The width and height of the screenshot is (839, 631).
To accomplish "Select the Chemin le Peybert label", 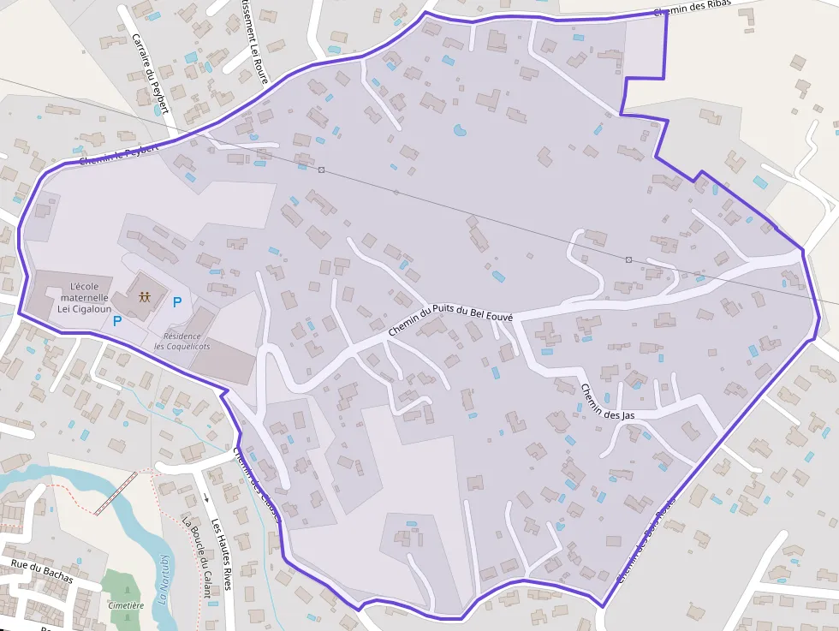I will pyautogui.click(x=119, y=154).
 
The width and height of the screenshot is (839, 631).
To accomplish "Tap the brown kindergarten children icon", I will pyautogui.click(x=144, y=297).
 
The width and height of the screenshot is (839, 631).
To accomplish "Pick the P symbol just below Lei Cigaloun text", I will pyautogui.click(x=117, y=322).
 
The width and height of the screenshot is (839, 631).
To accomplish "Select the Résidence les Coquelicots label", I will pyautogui.click(x=181, y=341).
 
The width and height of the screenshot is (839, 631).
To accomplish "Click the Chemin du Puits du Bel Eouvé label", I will pyautogui.click(x=450, y=319).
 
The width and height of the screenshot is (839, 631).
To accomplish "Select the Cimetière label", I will pyautogui.click(x=126, y=605).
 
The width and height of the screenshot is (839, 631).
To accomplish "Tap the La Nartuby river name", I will pyautogui.click(x=164, y=580).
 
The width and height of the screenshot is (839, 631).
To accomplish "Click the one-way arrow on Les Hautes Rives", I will pyautogui.click(x=206, y=497).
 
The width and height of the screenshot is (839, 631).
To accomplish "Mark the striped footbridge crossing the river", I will pyautogui.click(x=115, y=494).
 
